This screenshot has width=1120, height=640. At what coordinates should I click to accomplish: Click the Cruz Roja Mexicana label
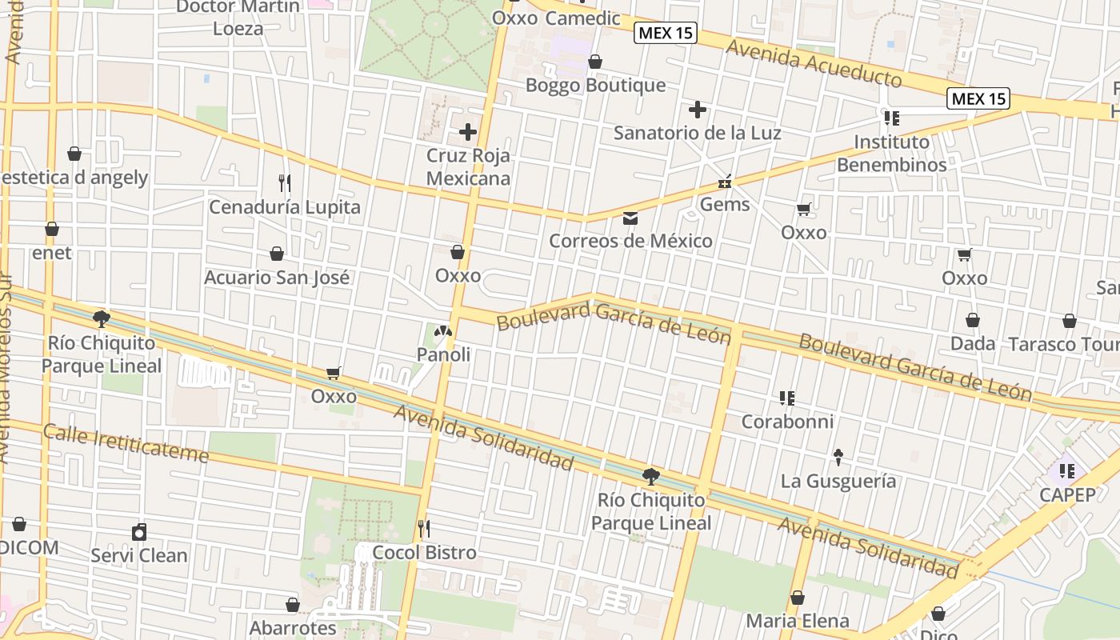(468, 166)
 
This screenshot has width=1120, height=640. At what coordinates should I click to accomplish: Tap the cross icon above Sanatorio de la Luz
(698, 110)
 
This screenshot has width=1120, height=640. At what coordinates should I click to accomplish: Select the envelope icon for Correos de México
(630, 218)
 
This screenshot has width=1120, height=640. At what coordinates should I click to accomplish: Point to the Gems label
(725, 204)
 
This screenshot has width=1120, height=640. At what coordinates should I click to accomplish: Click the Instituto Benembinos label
(891, 154)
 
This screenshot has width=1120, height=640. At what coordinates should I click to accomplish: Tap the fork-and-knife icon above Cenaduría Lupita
(284, 183)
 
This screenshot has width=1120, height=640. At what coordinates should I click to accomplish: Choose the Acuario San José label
(277, 278)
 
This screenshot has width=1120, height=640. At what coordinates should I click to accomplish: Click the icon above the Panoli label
(443, 330)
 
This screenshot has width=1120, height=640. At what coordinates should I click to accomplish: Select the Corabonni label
(787, 422)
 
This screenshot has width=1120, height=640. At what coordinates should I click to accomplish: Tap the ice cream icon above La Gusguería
(838, 457)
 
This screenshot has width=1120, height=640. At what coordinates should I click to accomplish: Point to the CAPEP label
(1067, 494)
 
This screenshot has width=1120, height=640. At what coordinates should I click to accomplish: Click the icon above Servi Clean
(139, 532)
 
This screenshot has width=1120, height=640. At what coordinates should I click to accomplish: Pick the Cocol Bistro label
(424, 552)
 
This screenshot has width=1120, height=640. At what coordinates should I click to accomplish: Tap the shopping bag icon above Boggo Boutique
(595, 62)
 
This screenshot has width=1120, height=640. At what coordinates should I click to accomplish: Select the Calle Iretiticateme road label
(126, 444)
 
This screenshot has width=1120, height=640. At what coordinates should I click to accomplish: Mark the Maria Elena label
(798, 621)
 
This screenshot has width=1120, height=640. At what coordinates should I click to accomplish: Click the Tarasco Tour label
(1063, 344)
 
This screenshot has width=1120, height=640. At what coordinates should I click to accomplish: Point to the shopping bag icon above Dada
(973, 320)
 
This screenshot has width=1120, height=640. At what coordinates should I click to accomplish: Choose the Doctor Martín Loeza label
(238, 18)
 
